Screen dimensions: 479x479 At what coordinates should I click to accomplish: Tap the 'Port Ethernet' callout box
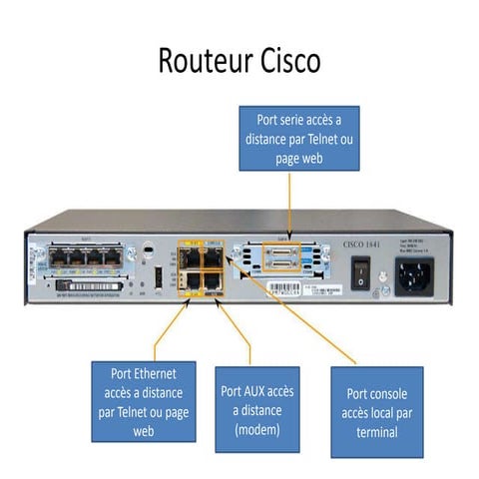(x=143, y=401)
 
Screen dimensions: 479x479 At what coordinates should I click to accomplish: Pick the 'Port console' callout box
(x=376, y=411)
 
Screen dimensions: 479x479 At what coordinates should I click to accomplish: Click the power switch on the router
(x=360, y=268)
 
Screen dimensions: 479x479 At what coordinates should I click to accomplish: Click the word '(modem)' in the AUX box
(x=256, y=430)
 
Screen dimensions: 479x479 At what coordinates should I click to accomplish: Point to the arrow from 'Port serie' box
(x=289, y=205)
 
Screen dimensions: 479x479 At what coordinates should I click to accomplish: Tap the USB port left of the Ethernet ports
(x=158, y=276)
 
